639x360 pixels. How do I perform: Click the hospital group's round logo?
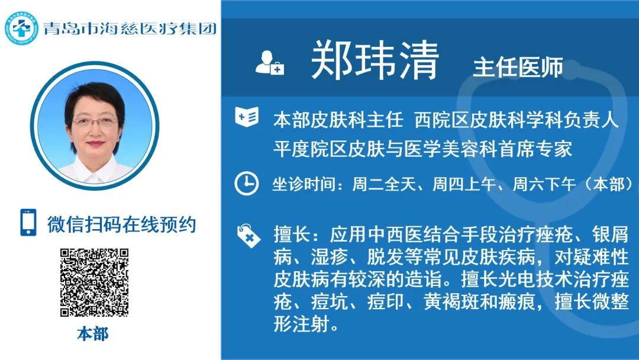(21, 28)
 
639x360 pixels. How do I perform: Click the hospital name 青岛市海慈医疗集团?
(130, 28)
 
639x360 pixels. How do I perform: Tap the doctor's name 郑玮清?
(375, 60)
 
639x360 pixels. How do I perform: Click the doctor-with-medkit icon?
(269, 62)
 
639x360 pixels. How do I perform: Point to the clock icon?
(246, 184)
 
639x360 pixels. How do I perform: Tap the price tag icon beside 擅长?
(248, 236)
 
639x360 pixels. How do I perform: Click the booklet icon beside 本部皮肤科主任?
(247, 117)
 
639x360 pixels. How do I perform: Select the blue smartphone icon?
(28, 222)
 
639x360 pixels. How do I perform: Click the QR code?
(95, 282)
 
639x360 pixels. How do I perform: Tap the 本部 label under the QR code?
(93, 334)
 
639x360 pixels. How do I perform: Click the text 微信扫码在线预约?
(121, 224)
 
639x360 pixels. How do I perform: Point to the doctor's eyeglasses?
(95, 121)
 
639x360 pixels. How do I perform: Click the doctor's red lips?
(95, 143)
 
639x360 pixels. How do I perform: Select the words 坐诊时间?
(305, 184)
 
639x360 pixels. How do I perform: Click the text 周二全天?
(383, 184)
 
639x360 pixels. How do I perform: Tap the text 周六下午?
(544, 184)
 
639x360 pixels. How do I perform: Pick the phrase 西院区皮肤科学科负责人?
(517, 120)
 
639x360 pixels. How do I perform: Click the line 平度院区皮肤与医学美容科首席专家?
(422, 149)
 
